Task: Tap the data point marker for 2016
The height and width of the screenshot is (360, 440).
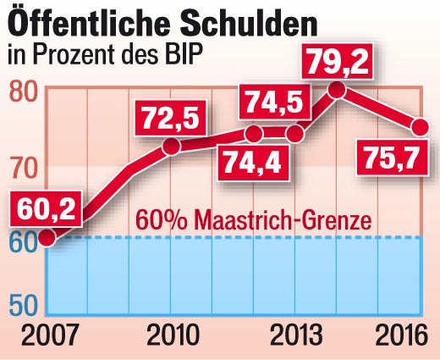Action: [x=420, y=128]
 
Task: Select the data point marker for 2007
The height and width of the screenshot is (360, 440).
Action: [x=47, y=237]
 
